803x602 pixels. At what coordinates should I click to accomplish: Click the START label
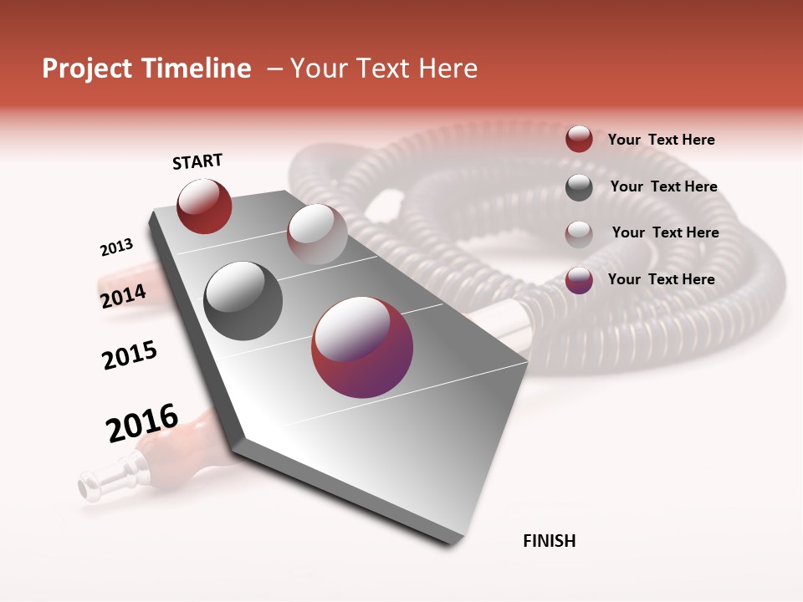[197, 161]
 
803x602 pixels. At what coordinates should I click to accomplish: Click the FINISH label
[550, 541]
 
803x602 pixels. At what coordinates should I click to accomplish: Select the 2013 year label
[116, 247]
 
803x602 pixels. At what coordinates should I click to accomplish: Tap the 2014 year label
[123, 296]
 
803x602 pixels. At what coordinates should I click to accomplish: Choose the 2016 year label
[142, 423]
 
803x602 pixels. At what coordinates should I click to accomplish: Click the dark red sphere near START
[204, 207]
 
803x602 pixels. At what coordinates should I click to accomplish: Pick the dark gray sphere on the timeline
[243, 301]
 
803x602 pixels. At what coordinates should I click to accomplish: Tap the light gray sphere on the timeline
[316, 234]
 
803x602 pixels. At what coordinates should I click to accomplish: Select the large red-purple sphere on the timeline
[362, 347]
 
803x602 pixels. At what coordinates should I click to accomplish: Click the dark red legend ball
[579, 140]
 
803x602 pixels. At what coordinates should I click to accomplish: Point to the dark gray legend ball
[579, 187]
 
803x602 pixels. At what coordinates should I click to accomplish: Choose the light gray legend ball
[579, 233]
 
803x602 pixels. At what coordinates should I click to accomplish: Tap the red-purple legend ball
[579, 280]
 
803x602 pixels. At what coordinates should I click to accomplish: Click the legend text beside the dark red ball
[661, 140]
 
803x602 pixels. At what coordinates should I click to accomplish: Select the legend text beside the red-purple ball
[661, 279]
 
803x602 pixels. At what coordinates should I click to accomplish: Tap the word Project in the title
[87, 69]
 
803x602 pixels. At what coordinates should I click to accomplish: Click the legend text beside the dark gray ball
[663, 186]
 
